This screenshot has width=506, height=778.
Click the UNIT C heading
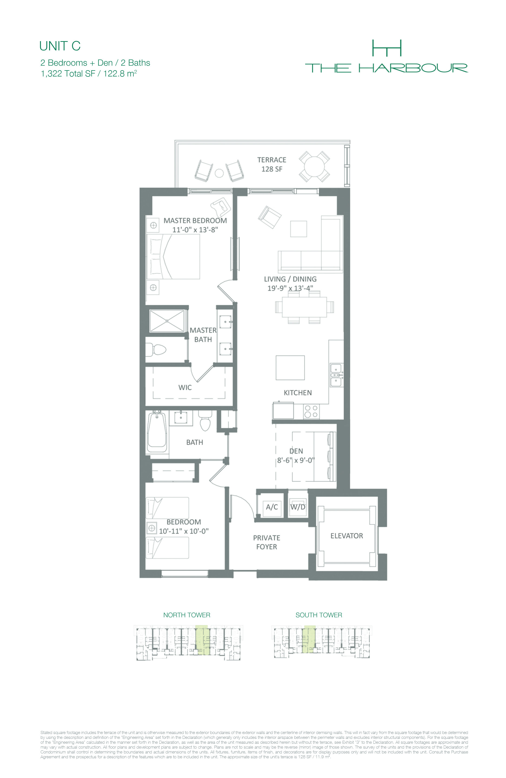(60, 46)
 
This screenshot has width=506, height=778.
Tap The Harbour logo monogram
(387, 48)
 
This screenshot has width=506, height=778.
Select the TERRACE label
(271, 160)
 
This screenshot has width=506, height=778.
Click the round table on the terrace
(314, 166)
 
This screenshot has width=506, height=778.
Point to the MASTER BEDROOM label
(195, 221)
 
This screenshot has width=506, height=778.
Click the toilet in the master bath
(156, 350)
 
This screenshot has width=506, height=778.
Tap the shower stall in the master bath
(167, 321)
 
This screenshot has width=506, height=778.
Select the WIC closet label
(185, 387)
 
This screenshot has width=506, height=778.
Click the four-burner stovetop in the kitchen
(311, 411)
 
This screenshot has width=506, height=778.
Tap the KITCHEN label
(298, 393)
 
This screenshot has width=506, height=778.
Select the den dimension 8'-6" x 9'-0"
(296, 460)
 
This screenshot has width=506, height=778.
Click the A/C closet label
(272, 507)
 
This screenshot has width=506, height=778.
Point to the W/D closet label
(298, 507)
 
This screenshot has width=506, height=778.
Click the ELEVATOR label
(347, 536)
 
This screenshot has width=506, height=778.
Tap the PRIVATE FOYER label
(267, 542)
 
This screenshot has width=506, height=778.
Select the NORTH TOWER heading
(187, 615)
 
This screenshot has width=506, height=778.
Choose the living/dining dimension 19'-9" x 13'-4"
(290, 288)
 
